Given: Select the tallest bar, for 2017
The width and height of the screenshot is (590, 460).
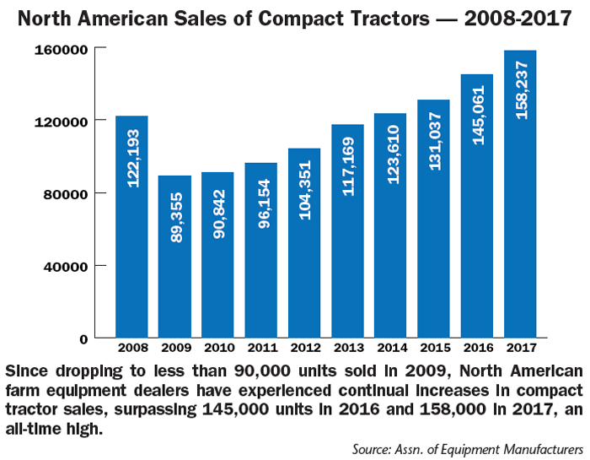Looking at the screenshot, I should tap(520, 194).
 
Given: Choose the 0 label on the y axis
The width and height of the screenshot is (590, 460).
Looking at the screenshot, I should tap(85, 339).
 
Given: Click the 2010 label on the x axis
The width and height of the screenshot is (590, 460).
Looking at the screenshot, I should tap(218, 348).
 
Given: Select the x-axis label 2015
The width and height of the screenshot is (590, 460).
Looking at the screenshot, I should tap(434, 348).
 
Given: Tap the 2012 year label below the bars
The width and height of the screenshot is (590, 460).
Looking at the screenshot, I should tap(304, 348).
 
